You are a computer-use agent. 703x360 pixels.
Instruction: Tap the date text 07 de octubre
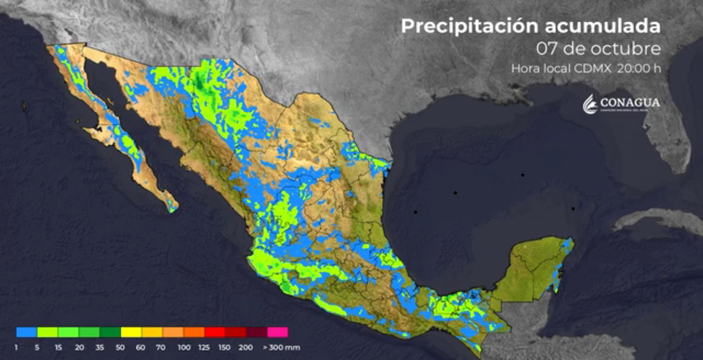pos(599,49)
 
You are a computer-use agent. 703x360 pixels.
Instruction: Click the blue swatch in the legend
pos(26,332)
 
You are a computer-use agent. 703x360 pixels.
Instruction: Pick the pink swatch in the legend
pos(278,332)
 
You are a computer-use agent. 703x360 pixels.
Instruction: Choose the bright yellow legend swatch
pos(131,332)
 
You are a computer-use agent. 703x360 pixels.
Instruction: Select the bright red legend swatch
pos(215,332)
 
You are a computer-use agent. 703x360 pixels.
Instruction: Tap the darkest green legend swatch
pos(110,332)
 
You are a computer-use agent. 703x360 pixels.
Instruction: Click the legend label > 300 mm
pos(281,348)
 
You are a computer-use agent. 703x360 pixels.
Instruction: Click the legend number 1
pos(17,348)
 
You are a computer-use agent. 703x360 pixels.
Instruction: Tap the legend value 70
pos(161,348)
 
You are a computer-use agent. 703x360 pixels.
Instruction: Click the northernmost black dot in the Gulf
pos(523,175)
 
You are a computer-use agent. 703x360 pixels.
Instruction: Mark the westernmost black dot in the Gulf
pos(415,212)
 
